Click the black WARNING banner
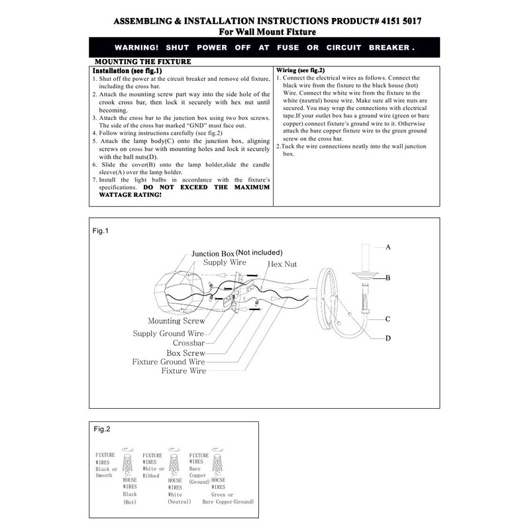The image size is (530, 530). pos(264,48)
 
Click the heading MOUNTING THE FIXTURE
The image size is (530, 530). pos(143,62)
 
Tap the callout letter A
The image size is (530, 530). pos(388,246)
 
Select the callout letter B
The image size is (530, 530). pos(388,278)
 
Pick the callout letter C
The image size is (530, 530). pos(388,319)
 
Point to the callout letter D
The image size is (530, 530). pos(388,338)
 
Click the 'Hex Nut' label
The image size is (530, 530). pos(282,264)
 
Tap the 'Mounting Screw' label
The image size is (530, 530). pos(176,321)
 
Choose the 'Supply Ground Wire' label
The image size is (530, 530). pos(168,333)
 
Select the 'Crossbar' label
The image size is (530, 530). pos(189,343)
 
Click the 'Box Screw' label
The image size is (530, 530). pos(185,353)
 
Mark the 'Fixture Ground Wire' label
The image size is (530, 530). pos(169,362)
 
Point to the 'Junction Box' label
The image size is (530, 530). pos(213,254)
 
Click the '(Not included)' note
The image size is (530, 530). pos(259,252)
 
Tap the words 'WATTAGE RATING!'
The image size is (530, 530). pos(125,195)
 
